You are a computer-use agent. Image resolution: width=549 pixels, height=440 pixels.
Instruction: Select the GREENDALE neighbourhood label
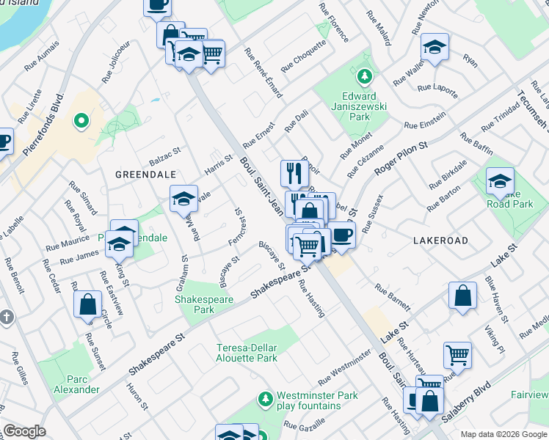145,175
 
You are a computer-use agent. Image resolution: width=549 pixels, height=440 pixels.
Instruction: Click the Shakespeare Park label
203,304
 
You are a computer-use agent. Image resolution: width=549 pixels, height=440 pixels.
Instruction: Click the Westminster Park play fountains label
317,400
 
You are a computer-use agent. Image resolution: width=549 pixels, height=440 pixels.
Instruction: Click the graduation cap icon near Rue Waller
435,48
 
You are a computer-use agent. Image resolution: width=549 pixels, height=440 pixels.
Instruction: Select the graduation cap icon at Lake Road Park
500,181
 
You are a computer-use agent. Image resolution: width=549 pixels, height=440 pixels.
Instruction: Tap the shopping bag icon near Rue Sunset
87,304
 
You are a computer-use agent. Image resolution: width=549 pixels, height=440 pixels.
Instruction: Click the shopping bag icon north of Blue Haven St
462,297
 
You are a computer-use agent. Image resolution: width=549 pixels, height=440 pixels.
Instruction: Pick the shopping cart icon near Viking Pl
457,355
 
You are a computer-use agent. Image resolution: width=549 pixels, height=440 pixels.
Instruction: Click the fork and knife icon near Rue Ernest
294,173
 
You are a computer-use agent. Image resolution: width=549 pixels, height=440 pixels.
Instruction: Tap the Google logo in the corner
24,432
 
